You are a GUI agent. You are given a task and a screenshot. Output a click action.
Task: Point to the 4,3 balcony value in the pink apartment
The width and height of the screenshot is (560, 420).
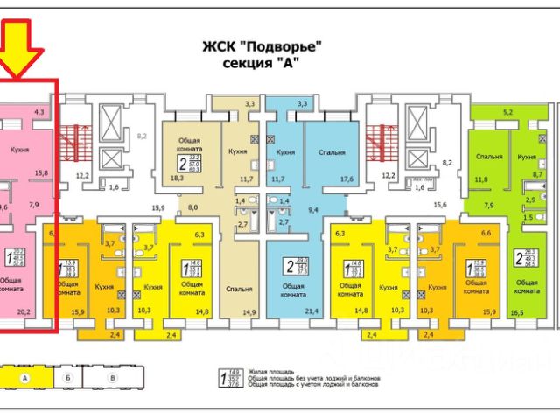tap(38, 113)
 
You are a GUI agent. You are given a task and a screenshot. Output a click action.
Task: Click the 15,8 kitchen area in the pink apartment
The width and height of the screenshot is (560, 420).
tap(40, 172)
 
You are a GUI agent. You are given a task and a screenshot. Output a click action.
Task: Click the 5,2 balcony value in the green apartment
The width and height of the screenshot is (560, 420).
tap(508, 113)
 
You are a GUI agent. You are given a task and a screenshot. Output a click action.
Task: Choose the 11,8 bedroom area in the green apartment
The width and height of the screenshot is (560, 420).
tap(480, 180)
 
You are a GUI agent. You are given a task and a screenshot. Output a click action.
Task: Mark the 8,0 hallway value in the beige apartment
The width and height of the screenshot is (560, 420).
tap(193, 208)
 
